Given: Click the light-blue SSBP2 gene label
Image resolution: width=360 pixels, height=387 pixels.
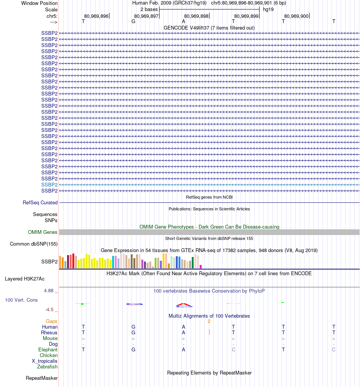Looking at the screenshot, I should (49, 185).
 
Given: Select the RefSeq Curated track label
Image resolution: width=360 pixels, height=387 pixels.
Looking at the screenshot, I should (40, 203).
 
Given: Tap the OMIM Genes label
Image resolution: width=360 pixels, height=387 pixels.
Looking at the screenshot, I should (42, 232).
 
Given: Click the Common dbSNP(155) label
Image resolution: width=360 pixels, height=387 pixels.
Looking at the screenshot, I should (33, 244).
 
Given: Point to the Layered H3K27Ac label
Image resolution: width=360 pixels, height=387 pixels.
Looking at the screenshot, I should (25, 279).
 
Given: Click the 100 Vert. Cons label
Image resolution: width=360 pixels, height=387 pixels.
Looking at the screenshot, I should (21, 300).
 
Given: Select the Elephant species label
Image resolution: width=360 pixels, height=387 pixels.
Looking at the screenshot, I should (48, 350).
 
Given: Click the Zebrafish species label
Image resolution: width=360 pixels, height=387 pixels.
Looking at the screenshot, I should (47, 367).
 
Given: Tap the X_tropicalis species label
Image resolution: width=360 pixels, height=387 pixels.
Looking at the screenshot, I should (45, 361).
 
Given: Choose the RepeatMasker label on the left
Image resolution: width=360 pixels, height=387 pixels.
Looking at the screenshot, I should (42, 378).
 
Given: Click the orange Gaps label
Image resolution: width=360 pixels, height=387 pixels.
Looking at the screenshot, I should (52, 321).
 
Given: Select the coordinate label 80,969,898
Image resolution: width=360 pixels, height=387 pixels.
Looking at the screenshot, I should (196, 16).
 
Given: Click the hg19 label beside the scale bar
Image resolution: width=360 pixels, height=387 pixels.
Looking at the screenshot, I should (268, 9).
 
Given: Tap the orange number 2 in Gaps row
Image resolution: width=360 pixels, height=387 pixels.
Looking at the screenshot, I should (209, 321).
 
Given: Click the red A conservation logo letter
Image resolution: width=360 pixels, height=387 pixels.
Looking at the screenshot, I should (184, 304).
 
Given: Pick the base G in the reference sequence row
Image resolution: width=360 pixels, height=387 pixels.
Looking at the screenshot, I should (133, 22).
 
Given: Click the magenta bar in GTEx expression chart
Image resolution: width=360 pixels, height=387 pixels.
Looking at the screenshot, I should (201, 266).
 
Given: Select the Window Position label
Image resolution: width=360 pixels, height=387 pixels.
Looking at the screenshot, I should (39, 3).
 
